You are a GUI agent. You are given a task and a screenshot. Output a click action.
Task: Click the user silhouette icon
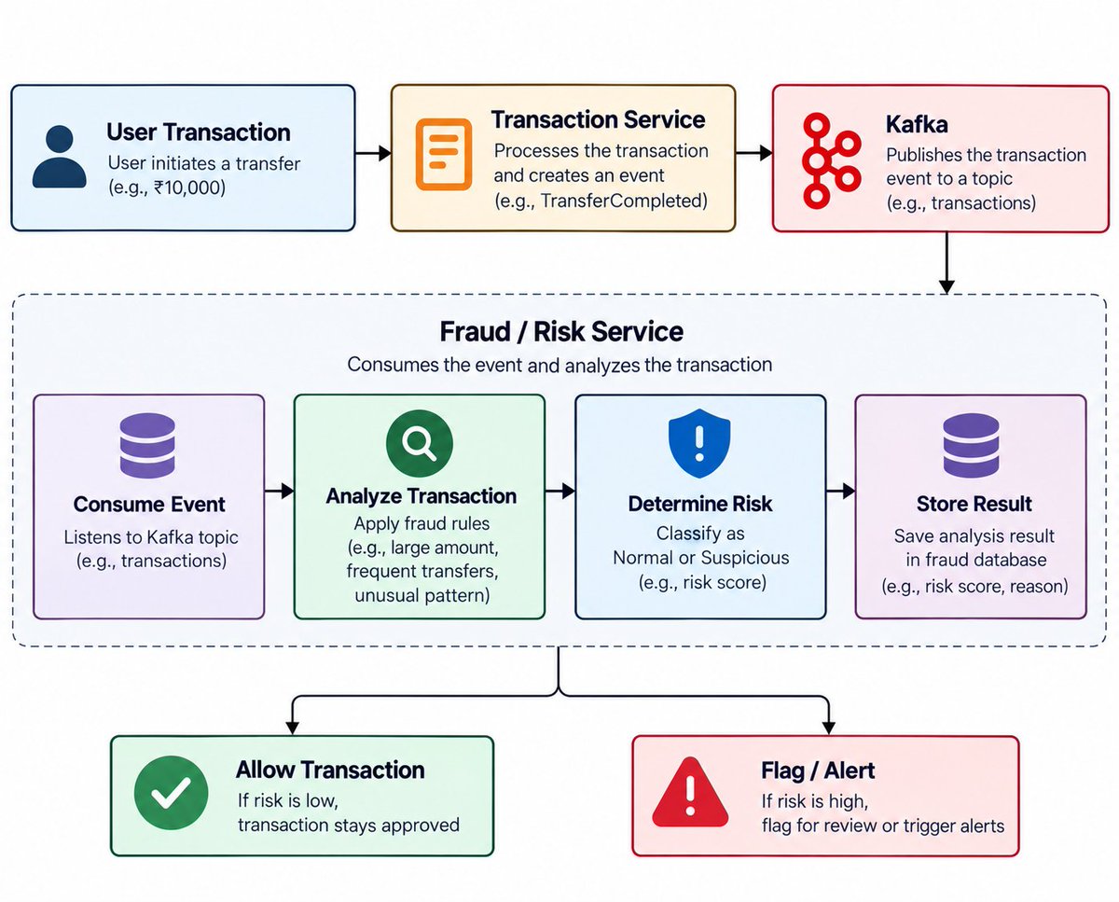(60, 156)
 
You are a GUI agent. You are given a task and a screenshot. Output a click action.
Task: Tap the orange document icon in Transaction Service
(444, 154)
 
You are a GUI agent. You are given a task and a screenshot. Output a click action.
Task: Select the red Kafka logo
(832, 160)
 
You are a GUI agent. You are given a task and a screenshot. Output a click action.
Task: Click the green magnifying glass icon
(419, 443)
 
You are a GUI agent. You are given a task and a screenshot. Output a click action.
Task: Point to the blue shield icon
(699, 443)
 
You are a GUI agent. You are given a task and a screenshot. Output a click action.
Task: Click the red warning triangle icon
(690, 792)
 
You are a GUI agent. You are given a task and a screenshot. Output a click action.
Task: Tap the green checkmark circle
(171, 792)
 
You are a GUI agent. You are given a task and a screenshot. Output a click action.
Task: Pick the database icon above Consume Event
(147, 445)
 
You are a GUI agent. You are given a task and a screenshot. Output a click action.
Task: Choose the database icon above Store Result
(971, 445)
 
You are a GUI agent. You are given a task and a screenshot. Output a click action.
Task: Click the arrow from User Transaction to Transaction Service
(373, 154)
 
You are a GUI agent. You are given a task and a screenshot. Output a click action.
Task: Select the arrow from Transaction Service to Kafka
(754, 153)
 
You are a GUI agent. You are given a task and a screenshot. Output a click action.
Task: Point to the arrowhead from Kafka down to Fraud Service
(946, 286)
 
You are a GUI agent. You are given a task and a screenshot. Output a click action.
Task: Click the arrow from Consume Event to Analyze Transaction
(279, 491)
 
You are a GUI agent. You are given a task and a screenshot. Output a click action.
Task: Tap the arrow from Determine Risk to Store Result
(841, 491)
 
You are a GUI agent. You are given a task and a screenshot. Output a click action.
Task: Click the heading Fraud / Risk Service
(561, 332)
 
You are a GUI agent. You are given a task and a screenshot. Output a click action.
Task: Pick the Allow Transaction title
(330, 770)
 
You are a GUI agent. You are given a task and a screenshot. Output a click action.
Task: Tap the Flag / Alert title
(818, 770)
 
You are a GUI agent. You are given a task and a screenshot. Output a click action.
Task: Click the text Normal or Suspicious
(701, 558)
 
